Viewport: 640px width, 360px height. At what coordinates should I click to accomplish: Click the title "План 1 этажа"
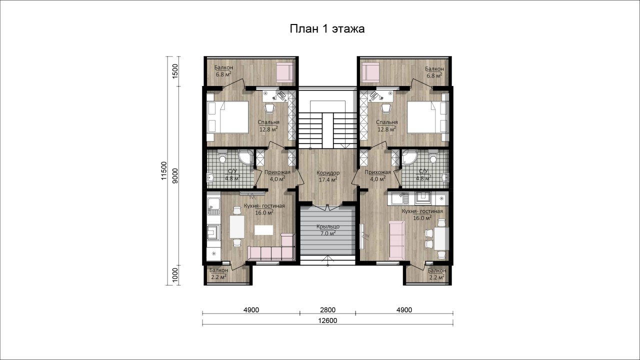327,29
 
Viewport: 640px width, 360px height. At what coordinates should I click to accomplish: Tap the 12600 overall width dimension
327,320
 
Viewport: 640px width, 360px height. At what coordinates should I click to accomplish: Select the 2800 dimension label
327,310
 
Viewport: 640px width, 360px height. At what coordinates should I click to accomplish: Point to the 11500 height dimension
163,170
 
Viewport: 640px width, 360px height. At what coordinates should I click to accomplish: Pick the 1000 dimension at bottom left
175,275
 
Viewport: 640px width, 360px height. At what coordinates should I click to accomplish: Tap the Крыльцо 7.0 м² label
328,230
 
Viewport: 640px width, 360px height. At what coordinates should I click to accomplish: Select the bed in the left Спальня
227,117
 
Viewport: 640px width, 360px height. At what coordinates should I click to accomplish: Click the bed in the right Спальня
428,117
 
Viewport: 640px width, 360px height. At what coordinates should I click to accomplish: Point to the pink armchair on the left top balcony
285,72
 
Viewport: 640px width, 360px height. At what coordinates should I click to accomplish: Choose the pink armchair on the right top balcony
370,72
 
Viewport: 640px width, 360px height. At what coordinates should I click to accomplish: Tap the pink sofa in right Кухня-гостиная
396,240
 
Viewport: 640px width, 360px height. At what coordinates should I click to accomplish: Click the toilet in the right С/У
433,157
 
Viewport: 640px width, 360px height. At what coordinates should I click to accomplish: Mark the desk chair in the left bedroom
270,108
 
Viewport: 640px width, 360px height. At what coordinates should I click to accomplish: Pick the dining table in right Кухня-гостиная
441,238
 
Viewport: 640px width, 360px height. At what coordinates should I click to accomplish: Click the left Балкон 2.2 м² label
219,273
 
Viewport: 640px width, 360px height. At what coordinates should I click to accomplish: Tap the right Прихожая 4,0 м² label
377,175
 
